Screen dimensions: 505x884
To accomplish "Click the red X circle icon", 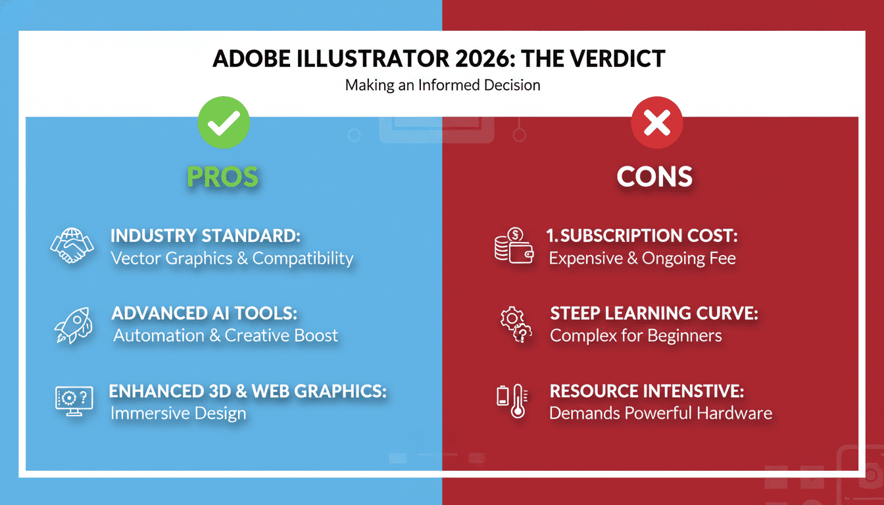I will pyautogui.click(x=656, y=122).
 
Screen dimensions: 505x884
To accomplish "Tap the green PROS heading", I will pyautogui.click(x=222, y=176).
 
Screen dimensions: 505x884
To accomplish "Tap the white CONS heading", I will pyautogui.click(x=654, y=176).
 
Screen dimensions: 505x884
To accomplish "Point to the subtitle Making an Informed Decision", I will pyautogui.click(x=442, y=85).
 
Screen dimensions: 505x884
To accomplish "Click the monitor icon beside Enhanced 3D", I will pyautogui.click(x=72, y=401).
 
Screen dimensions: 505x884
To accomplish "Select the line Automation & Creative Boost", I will pyautogui.click(x=226, y=335).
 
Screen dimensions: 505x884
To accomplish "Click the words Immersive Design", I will pyautogui.click(x=178, y=414).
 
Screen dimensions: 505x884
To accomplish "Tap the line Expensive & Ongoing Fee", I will pyautogui.click(x=642, y=258).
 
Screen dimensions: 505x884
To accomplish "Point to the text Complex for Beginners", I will pyautogui.click(x=635, y=335).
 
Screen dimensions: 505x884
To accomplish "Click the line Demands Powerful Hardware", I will pyautogui.click(x=660, y=414).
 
